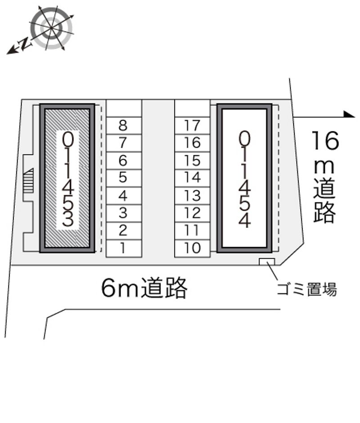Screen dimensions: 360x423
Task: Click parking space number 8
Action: [x=124, y=126]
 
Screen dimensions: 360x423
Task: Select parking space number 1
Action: [x=124, y=248]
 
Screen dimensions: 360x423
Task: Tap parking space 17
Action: [x=192, y=126]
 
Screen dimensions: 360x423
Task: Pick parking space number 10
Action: [x=192, y=248]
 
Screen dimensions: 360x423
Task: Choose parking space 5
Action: [x=124, y=178]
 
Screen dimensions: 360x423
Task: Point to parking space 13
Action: [x=192, y=196]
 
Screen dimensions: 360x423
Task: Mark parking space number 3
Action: [x=124, y=213]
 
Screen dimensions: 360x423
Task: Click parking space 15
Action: [x=192, y=161]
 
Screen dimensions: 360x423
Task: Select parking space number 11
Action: [x=192, y=231]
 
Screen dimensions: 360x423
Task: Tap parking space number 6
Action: [x=124, y=161]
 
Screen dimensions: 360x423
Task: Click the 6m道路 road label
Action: [x=144, y=288]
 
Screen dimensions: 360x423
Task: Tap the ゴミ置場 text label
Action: [x=307, y=289]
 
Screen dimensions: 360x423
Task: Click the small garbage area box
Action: [x=267, y=262]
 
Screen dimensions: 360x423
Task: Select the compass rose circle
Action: [x=51, y=28]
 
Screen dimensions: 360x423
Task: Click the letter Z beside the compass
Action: [x=25, y=43]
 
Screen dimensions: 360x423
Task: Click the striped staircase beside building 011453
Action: [x=28, y=180]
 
